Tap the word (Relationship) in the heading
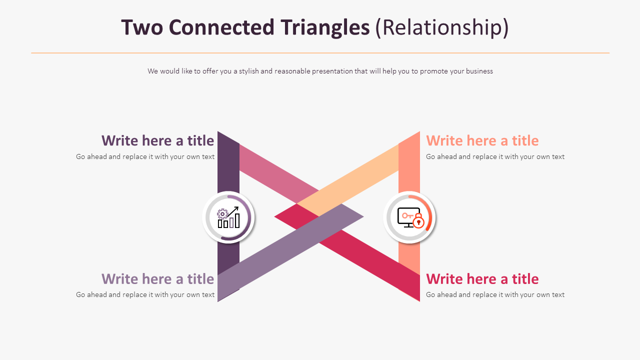[x=442, y=27]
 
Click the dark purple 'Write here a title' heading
[x=157, y=140]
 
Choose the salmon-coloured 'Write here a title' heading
[x=482, y=140]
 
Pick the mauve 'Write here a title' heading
[x=157, y=278]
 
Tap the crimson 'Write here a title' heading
[x=482, y=278]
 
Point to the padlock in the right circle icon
[x=418, y=222]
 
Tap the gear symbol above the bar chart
[x=222, y=214]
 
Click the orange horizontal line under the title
[x=320, y=53]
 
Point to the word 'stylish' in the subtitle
[x=248, y=71]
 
